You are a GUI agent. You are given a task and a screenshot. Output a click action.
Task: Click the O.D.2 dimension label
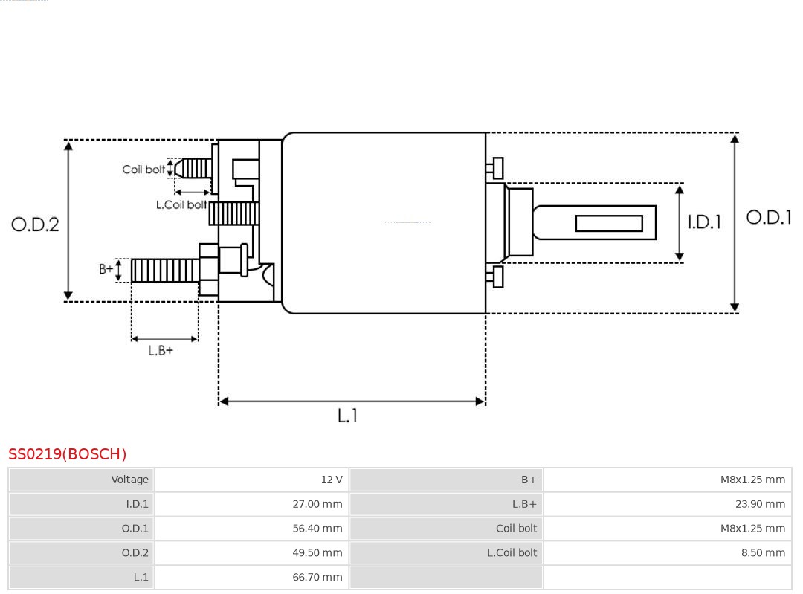point(35,224)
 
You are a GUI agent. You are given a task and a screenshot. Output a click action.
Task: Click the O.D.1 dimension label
point(769,217)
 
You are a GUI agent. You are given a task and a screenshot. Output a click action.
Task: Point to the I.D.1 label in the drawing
point(703,222)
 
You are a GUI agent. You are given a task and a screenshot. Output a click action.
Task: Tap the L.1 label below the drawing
point(347,416)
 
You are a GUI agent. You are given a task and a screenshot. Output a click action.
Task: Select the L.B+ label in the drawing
point(161,350)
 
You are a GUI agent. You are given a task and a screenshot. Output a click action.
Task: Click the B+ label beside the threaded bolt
point(106,269)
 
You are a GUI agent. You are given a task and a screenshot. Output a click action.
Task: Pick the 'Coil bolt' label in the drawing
point(143,170)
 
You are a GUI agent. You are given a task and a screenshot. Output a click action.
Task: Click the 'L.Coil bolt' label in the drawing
point(181,204)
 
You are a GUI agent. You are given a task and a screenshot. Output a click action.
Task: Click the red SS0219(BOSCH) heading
point(68,453)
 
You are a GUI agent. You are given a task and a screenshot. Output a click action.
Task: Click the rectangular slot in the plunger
point(609,223)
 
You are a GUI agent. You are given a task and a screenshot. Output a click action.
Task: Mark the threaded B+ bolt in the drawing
point(164,271)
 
